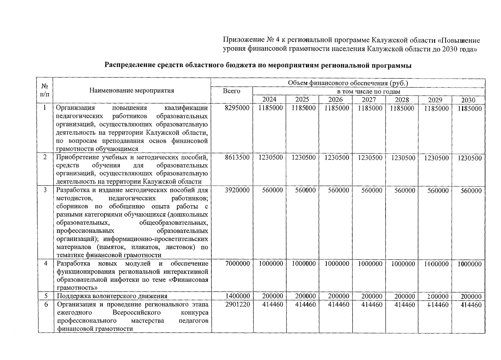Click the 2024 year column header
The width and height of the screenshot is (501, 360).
pyautogui.click(x=269, y=100)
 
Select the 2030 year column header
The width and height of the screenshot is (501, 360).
pyautogui.click(x=468, y=100)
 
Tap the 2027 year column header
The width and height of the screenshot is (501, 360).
pyautogui.click(x=369, y=100)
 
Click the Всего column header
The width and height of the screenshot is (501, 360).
pyautogui.click(x=231, y=91)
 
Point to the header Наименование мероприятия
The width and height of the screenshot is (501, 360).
pyautogui.click(x=132, y=91)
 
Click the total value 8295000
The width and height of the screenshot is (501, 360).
pyautogui.click(x=237, y=108)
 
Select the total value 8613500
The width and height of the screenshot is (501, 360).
pyautogui.click(x=237, y=158)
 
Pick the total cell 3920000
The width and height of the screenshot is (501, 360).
pyautogui.click(x=237, y=190)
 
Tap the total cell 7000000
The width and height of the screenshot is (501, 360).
pyautogui.click(x=237, y=264)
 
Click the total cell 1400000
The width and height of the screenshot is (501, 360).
pyautogui.click(x=237, y=296)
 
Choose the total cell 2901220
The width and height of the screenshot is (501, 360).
pyautogui.click(x=237, y=305)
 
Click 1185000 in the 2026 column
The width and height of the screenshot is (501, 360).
pyautogui.click(x=337, y=108)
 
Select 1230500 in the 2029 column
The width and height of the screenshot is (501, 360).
pyautogui.click(x=436, y=158)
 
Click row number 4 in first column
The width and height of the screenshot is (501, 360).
pyautogui.click(x=46, y=264)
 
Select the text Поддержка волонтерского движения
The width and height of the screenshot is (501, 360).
pyautogui.click(x=112, y=296)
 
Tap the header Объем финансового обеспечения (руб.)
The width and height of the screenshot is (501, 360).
pyautogui.click(x=348, y=83)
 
